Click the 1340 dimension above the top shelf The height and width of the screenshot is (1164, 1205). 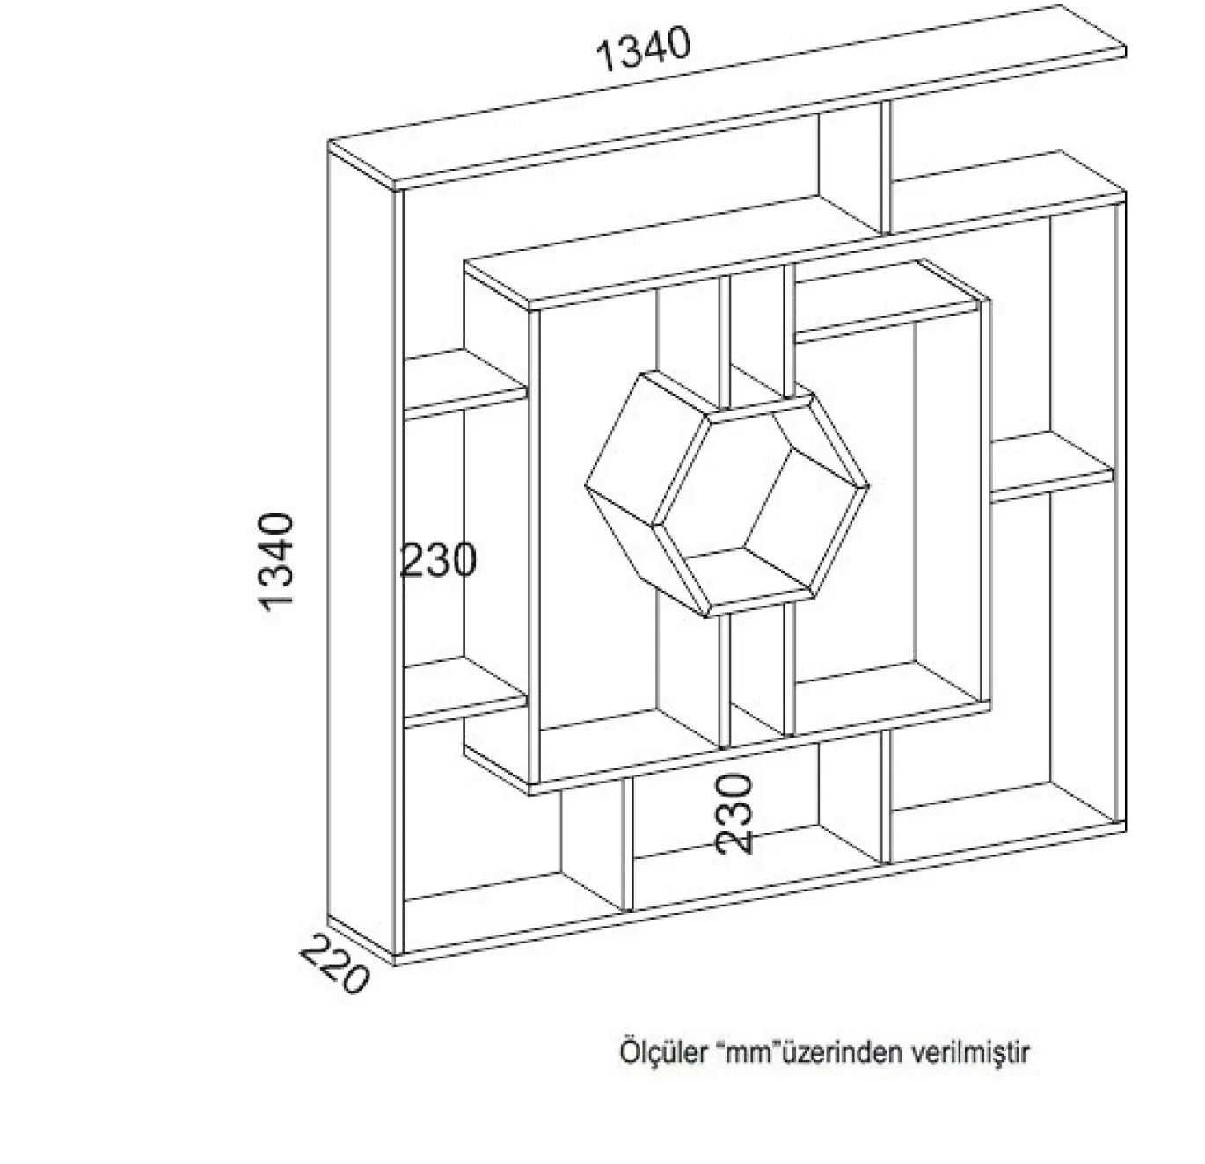coord(643,48)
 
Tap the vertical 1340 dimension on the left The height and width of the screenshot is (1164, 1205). coord(276,562)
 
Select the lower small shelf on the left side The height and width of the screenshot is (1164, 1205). coord(464,691)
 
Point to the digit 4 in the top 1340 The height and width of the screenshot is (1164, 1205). coord(657,47)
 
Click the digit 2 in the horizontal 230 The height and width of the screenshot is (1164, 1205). coord(413,561)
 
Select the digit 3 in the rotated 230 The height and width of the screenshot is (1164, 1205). coord(734,814)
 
